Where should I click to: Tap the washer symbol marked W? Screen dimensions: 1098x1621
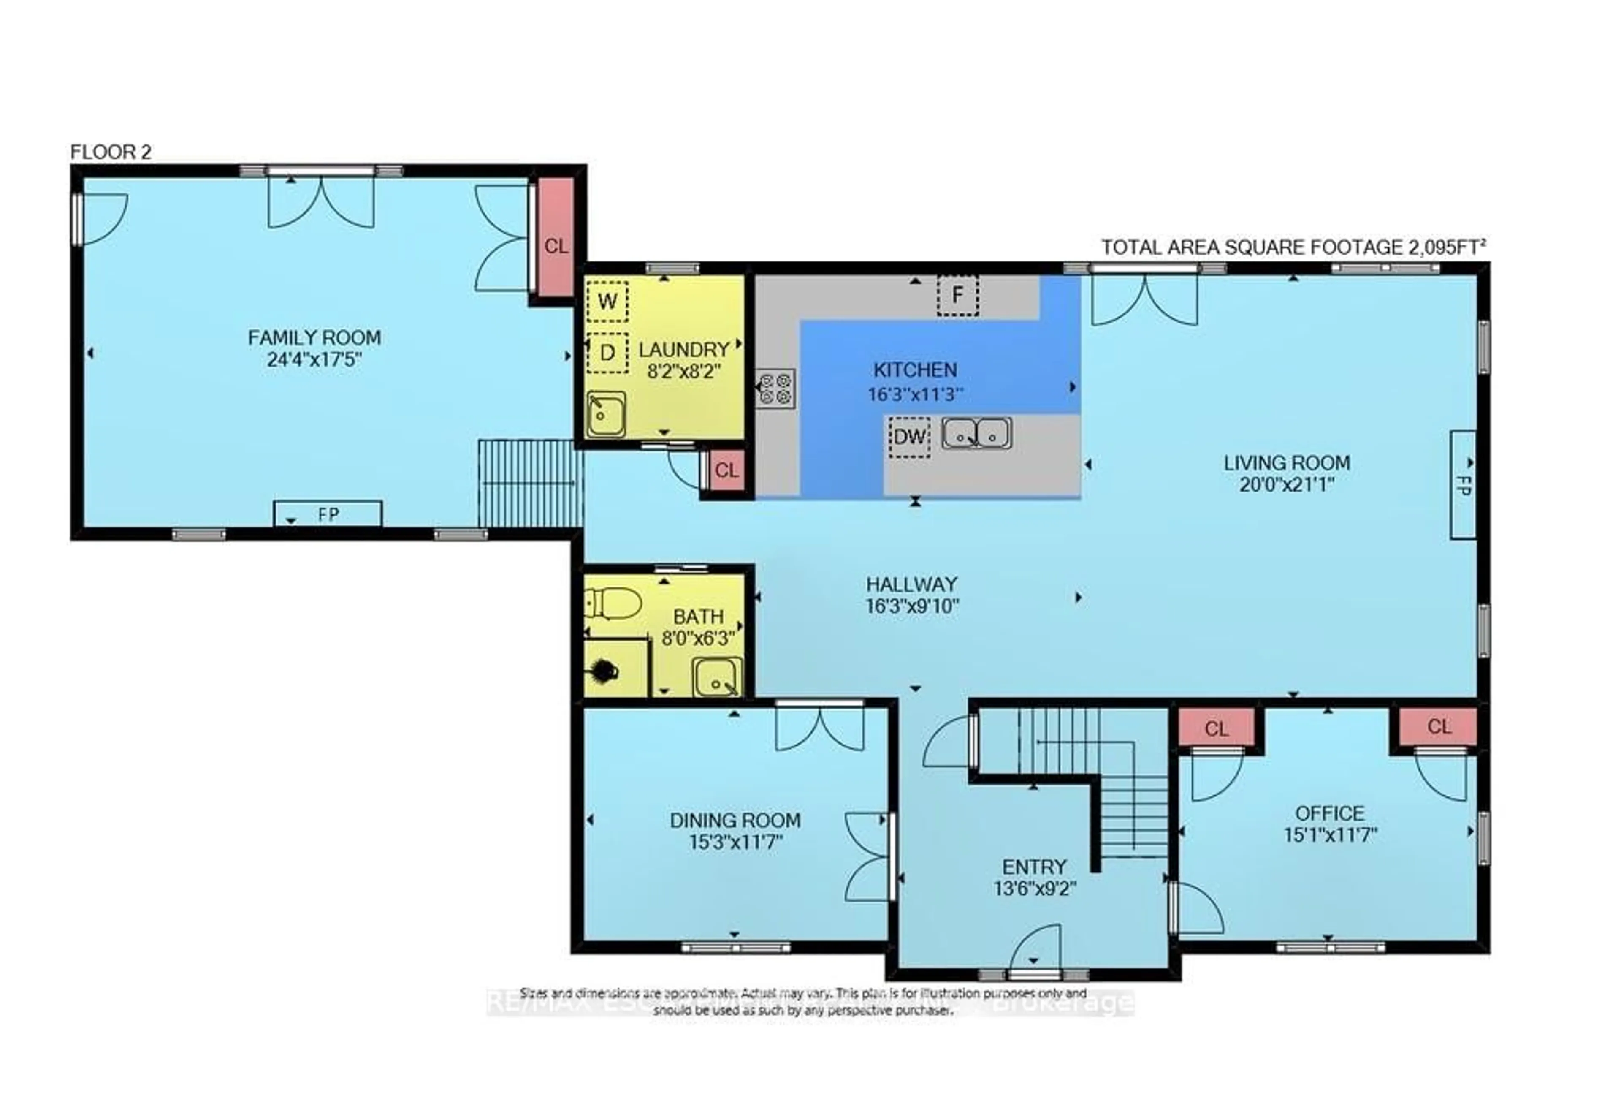[607, 302]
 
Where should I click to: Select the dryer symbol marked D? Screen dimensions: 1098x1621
[607, 353]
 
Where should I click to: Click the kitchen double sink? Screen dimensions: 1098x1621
[976, 433]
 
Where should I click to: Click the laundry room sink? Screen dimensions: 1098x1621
[605, 414]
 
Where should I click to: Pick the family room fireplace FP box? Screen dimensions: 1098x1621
[328, 514]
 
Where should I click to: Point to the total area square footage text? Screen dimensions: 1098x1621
[1293, 247]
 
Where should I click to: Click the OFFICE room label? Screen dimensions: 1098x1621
[1329, 813]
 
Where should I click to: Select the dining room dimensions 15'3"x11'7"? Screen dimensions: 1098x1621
[735, 843]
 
